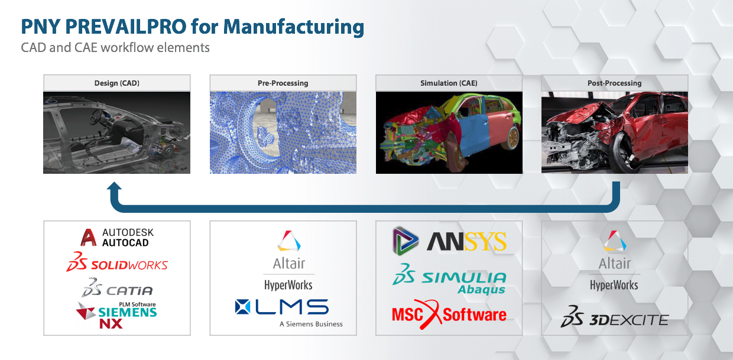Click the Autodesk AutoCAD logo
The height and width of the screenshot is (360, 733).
[117, 238]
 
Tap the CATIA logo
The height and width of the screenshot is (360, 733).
[117, 288]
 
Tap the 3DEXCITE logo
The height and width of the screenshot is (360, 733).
[615, 320]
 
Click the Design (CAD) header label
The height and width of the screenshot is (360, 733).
[116, 83]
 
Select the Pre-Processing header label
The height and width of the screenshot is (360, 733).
[283, 83]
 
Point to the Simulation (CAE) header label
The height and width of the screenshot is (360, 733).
[449, 83]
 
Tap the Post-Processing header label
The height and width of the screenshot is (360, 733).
[615, 83]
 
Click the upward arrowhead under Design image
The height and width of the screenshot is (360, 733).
[114, 188]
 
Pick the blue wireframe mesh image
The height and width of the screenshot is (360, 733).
[283, 132]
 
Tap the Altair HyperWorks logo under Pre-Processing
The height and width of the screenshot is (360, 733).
[288, 261]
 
